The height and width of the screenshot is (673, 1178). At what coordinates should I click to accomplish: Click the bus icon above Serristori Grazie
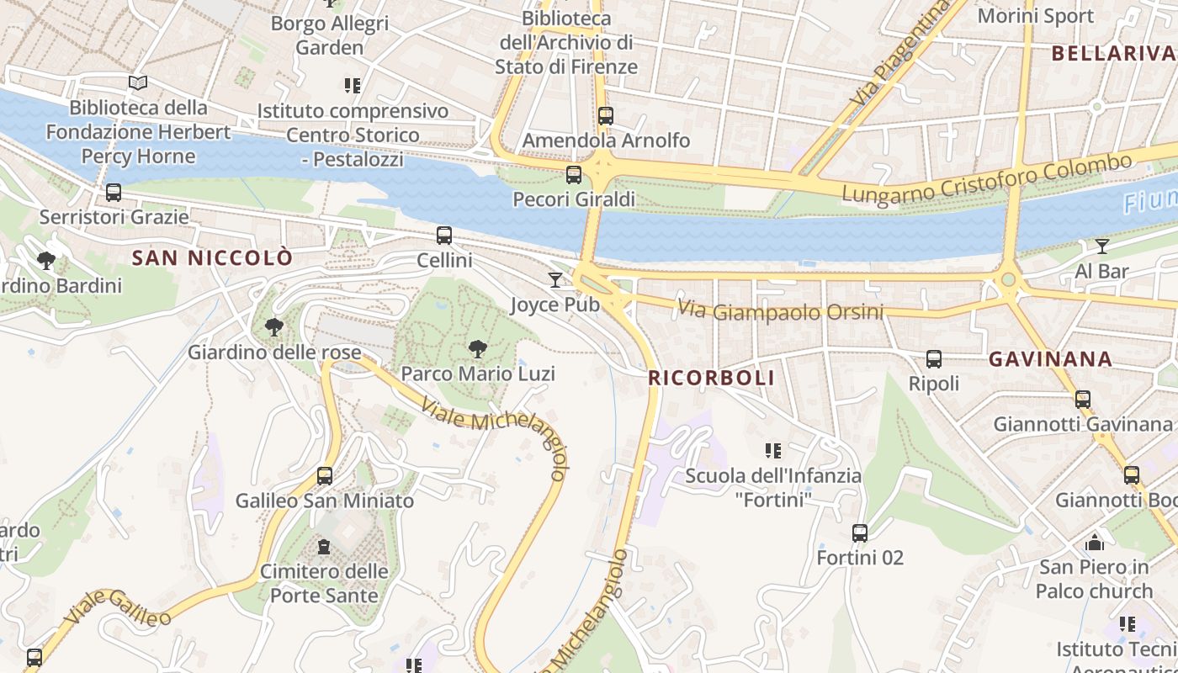pos(114,193)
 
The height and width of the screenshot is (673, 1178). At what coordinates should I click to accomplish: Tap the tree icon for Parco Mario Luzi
pos(477,349)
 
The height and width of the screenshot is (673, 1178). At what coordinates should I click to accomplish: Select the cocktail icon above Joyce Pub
pos(555,280)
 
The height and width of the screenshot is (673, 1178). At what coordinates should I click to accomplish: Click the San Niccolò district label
pos(212,258)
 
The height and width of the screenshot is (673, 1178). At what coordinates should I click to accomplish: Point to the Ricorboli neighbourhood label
pos(711,379)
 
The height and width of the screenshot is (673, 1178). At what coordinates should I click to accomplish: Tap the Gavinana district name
pos(1050,359)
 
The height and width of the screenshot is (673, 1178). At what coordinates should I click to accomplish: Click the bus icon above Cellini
pos(444,236)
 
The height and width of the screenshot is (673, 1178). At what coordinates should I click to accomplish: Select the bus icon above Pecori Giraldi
pos(574,175)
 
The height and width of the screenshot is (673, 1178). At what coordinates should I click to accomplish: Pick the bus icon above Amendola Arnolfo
pos(606,116)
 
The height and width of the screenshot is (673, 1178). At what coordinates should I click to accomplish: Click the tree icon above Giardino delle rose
pos(273,327)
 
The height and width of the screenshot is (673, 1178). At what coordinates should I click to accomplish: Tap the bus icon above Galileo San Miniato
pos(325,476)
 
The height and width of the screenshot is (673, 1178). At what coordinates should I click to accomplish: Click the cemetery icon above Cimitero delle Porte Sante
pos(324,547)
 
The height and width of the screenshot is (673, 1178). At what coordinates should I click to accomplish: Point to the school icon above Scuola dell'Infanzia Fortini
pos(773,451)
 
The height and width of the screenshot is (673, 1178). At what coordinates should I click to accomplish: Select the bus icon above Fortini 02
pos(859,533)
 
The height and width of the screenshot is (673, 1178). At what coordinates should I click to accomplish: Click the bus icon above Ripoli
pos(933,359)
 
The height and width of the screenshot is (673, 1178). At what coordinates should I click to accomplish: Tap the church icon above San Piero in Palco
pos(1094,543)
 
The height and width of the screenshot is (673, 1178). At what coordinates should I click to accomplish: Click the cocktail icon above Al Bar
pos(1101,246)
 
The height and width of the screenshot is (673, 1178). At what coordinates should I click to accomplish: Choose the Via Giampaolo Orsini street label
pos(780,311)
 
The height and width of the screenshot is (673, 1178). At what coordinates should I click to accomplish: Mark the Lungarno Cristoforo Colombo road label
pos(987,178)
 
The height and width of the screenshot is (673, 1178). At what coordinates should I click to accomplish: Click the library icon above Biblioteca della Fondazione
pos(138,82)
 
